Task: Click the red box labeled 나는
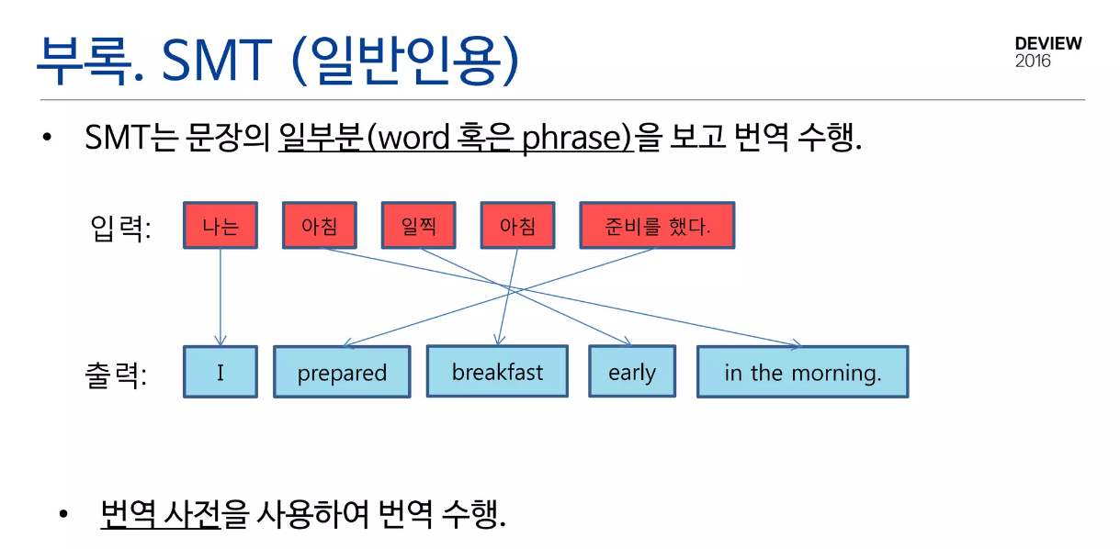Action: pyautogui.click(x=221, y=225)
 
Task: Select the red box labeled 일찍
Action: pyautogui.click(x=418, y=225)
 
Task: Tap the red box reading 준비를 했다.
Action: pyautogui.click(x=657, y=225)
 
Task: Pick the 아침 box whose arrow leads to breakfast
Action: pyautogui.click(x=517, y=225)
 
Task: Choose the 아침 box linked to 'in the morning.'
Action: pyautogui.click(x=320, y=225)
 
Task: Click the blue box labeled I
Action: pyautogui.click(x=221, y=372)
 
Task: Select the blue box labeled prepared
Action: pyautogui.click(x=342, y=372)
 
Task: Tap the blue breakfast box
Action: pyautogui.click(x=497, y=371)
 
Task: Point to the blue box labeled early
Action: pyautogui.click(x=632, y=371)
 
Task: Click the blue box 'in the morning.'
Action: pyautogui.click(x=802, y=372)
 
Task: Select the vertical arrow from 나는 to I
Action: pyautogui.click(x=221, y=297)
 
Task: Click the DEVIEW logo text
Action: pyautogui.click(x=1048, y=43)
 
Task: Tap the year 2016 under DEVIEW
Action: pyautogui.click(x=1033, y=61)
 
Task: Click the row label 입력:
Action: pyautogui.click(x=120, y=228)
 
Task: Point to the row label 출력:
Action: pyautogui.click(x=116, y=375)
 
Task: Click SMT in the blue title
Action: pyautogui.click(x=217, y=60)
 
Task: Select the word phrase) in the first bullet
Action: pyautogui.click(x=578, y=138)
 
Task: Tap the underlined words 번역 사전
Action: pyautogui.click(x=160, y=513)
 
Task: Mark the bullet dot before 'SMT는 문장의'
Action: pyautogui.click(x=47, y=137)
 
